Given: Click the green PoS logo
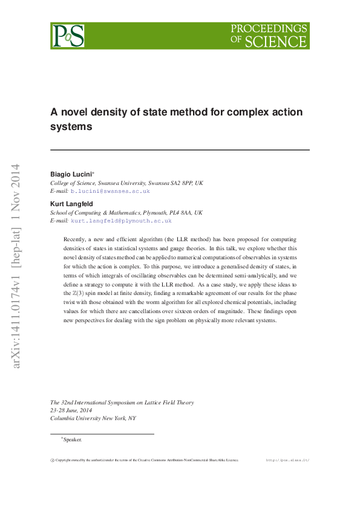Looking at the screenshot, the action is [67, 36].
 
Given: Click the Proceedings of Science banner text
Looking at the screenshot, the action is [269, 36].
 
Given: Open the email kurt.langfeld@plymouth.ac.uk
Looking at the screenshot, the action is [121, 221].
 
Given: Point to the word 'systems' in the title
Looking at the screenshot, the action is [71, 127].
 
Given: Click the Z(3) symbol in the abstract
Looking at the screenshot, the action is [71, 292].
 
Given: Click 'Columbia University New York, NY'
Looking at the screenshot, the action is [93, 418].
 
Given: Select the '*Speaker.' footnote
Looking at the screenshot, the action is [71, 439].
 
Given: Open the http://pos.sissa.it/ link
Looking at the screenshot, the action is [287, 460].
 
